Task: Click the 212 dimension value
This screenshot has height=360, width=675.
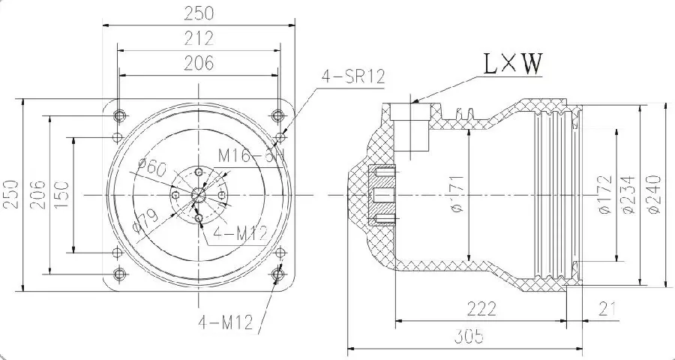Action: pyautogui.click(x=199, y=37)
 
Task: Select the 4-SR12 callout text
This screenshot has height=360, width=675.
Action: pyautogui.click(x=352, y=76)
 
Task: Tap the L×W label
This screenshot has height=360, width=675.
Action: pyautogui.click(x=512, y=65)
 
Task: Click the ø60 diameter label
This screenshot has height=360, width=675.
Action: pyautogui.click(x=153, y=169)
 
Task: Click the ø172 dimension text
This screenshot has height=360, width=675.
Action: pyautogui.click(x=605, y=196)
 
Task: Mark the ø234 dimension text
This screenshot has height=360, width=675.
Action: pyautogui.click(x=629, y=196)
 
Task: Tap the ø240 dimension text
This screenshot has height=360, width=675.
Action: pyautogui.click(x=652, y=196)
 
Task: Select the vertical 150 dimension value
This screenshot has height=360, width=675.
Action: pyautogui.click(x=63, y=195)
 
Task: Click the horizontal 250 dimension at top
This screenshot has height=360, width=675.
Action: pyautogui.click(x=199, y=13)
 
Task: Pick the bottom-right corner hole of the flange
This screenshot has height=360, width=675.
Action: pyautogui.click(x=279, y=274)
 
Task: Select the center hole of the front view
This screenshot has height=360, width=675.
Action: pyautogui.click(x=199, y=194)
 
